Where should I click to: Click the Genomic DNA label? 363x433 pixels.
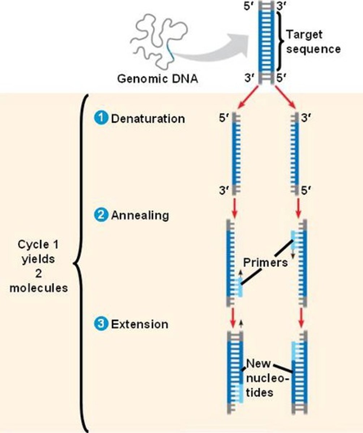(x=157, y=79)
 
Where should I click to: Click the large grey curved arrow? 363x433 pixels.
(x=217, y=47)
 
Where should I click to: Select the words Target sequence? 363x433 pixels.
(x=313, y=42)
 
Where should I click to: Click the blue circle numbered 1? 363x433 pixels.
(x=101, y=118)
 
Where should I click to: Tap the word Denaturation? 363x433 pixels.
(x=148, y=119)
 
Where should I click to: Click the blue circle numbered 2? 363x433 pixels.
(x=101, y=215)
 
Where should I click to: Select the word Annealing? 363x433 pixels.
(x=140, y=216)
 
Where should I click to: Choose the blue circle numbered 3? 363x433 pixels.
(x=101, y=324)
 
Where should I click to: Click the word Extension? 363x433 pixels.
(x=139, y=324)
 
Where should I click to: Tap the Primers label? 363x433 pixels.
(x=265, y=262)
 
